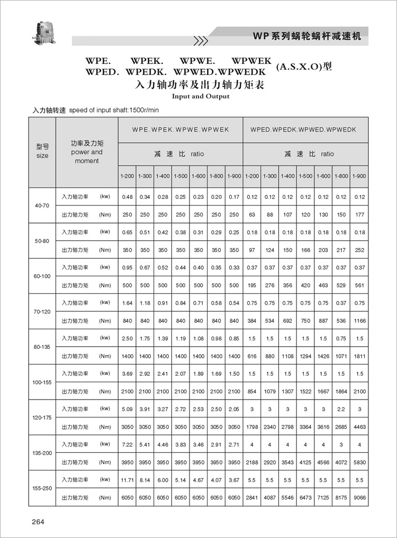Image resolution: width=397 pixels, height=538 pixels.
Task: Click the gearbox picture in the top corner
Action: click(42, 31)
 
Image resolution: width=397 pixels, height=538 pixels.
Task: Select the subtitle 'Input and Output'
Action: click(201, 97)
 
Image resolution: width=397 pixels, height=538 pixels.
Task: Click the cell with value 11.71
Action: click(128, 480)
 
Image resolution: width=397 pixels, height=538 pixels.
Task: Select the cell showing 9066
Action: click(359, 498)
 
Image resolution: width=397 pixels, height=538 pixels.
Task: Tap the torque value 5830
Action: click(359, 462)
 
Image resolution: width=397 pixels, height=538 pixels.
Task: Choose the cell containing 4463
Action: click(359, 427)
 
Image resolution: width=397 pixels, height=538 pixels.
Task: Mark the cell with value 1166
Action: click(359, 321)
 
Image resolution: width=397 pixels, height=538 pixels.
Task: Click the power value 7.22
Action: click(128, 444)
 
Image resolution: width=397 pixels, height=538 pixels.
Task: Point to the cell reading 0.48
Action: click(128, 197)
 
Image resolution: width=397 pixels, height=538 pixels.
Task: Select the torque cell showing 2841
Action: click(252, 498)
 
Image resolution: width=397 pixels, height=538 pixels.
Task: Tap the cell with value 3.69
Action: click(128, 374)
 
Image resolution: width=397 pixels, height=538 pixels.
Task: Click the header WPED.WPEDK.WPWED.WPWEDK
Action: click(303, 129)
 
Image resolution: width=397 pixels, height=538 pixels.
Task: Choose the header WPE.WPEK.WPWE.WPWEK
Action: click(181, 129)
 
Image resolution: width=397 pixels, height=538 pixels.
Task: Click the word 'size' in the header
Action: click(42, 156)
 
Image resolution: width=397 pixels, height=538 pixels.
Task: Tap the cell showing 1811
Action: click(359, 356)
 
